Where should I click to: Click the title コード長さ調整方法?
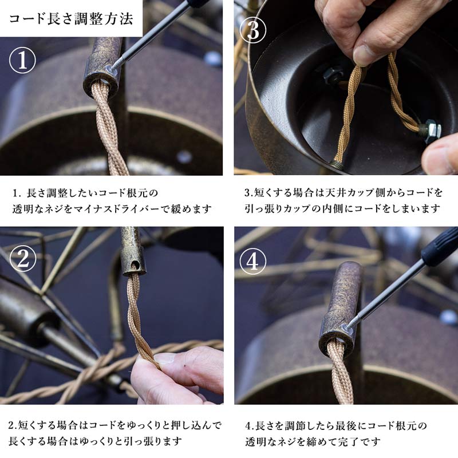click(x=71, y=18)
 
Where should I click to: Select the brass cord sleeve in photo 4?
click(x=342, y=306)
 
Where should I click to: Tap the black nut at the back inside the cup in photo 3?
click(x=333, y=74)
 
